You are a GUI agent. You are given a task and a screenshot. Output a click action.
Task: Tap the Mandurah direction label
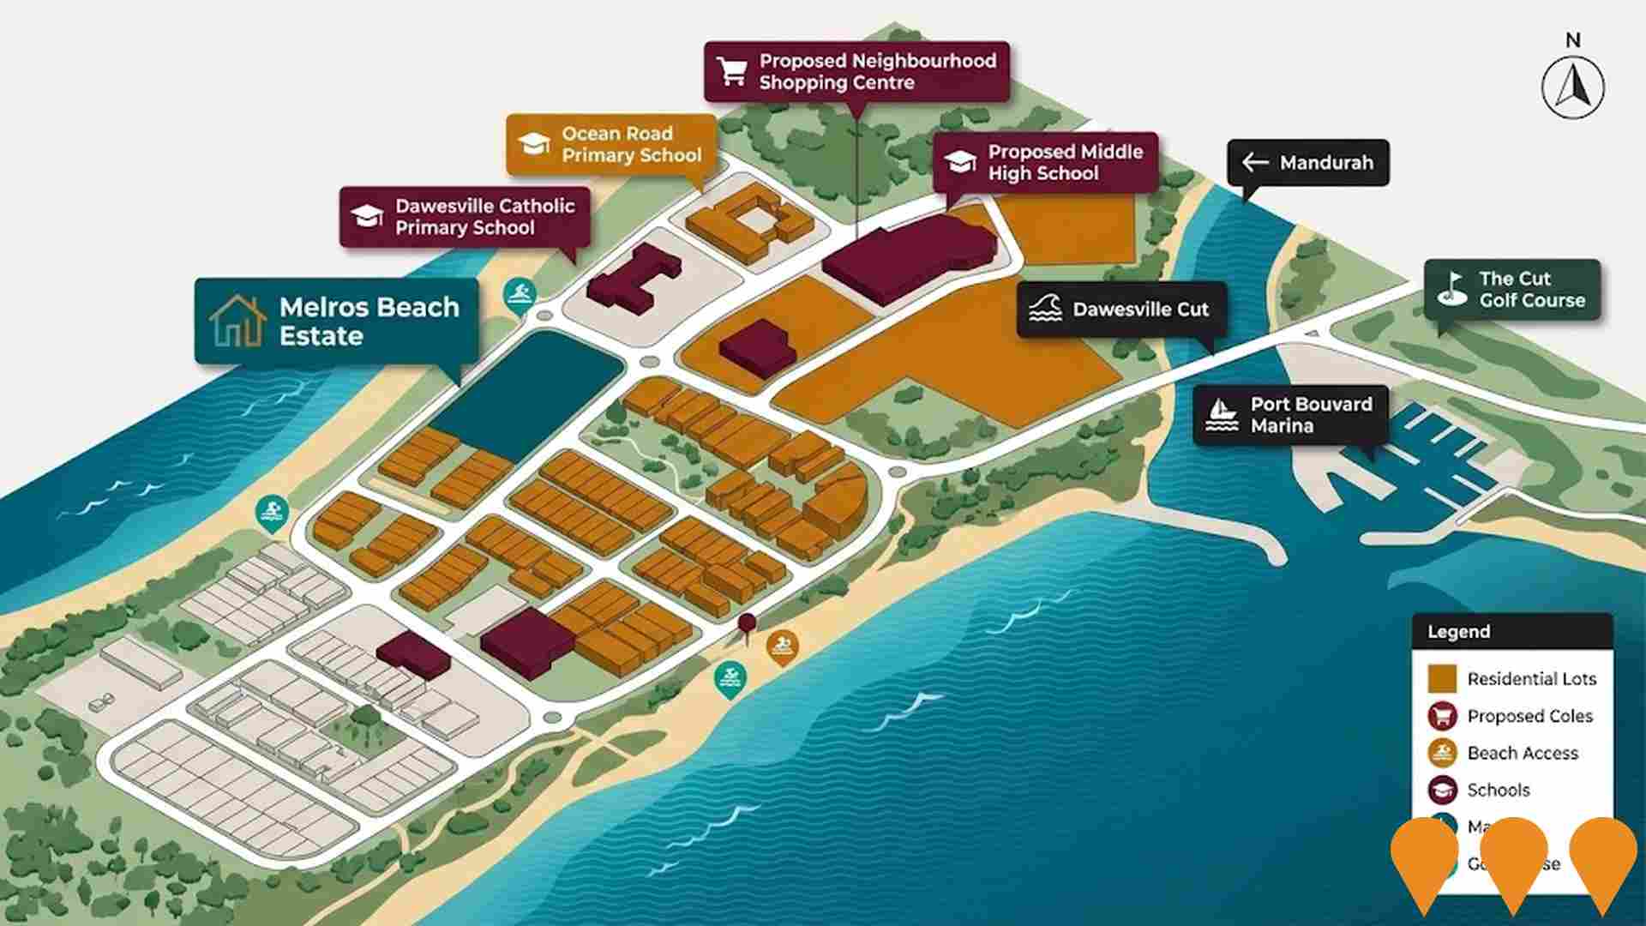[1308, 163]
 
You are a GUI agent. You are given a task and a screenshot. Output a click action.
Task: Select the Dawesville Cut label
[1122, 310]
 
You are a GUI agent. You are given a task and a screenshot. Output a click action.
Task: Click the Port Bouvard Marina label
[1290, 415]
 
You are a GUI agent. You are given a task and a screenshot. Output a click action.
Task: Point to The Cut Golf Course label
[1512, 290]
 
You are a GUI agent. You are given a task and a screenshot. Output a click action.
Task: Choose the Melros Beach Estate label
[336, 322]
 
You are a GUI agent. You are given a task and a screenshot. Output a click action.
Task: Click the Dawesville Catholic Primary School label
[465, 217]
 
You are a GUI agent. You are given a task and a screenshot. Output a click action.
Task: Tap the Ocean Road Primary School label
[611, 145]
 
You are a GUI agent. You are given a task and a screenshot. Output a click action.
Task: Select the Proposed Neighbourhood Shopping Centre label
[856, 72]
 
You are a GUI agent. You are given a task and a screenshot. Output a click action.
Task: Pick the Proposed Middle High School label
[1046, 163]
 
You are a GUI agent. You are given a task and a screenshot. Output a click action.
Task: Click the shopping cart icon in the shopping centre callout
[733, 72]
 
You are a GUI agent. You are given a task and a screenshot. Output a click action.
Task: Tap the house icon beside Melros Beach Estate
[237, 321]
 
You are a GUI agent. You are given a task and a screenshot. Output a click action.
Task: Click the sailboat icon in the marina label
[1221, 415]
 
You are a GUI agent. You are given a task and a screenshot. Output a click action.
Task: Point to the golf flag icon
[1451, 290]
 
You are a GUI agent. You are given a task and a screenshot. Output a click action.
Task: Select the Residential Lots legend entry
[1512, 679]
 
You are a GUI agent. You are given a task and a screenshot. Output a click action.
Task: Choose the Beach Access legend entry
[1504, 753]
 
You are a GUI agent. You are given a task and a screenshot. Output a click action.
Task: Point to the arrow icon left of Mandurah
[1255, 163]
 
